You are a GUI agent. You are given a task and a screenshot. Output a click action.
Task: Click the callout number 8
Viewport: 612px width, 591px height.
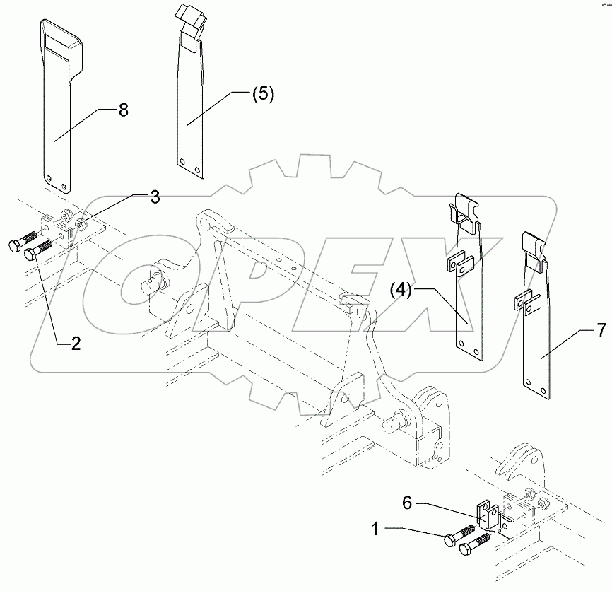point(123,110)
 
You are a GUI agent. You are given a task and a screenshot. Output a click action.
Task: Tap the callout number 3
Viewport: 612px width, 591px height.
point(153,197)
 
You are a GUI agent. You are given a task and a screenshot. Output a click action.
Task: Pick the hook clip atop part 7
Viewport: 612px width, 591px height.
point(534,247)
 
